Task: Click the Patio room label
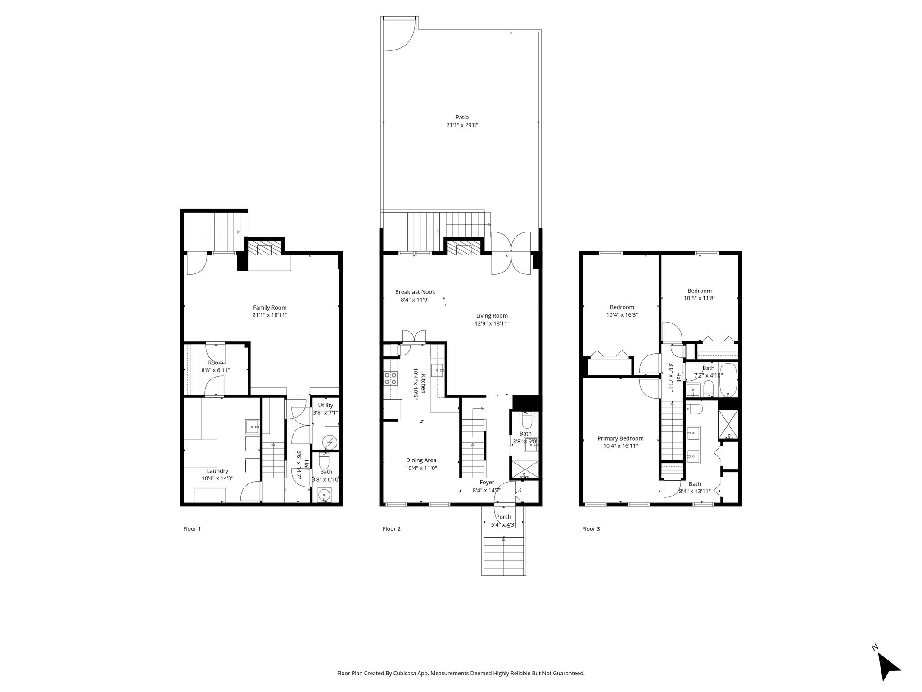pyautogui.click(x=462, y=118)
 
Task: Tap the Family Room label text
pyautogui.click(x=270, y=308)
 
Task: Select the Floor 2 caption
pyautogui.click(x=391, y=529)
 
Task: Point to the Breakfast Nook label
pyautogui.click(x=415, y=292)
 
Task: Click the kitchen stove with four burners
pyautogui.click(x=390, y=378)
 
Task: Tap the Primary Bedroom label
pyautogui.click(x=620, y=438)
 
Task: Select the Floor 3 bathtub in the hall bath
pyautogui.click(x=728, y=379)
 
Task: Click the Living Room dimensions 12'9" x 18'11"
pyautogui.click(x=493, y=323)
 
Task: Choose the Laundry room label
pyautogui.click(x=217, y=471)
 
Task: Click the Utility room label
pyautogui.click(x=325, y=405)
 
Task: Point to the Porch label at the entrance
pyautogui.click(x=503, y=517)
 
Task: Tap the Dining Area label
pyautogui.click(x=421, y=460)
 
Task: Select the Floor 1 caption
pyautogui.click(x=192, y=529)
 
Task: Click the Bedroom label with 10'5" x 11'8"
pyautogui.click(x=699, y=291)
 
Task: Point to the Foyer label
pyautogui.click(x=487, y=483)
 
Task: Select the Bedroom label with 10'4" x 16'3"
pyautogui.click(x=622, y=307)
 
